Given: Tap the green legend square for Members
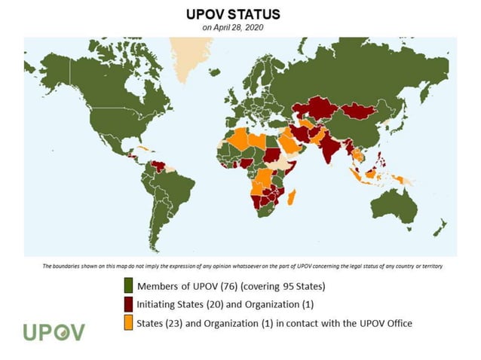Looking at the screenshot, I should click(x=128, y=286).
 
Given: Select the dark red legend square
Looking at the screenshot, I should click(x=128, y=304).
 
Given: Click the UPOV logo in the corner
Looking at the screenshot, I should click(x=54, y=332).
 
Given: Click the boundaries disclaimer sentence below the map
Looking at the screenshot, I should click(x=241, y=267).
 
